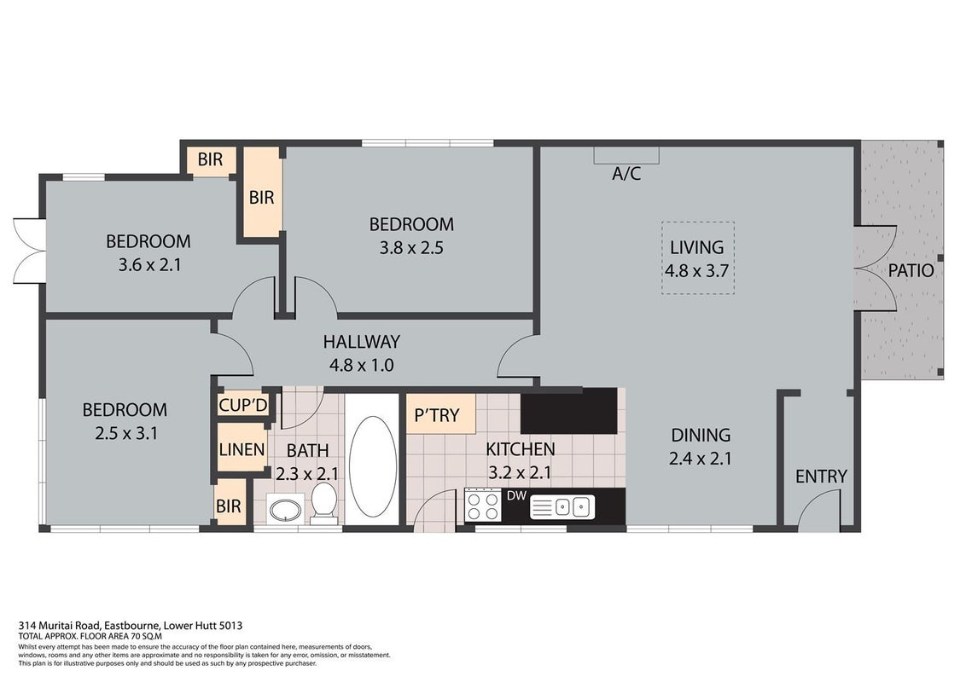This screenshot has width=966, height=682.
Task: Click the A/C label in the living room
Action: pyautogui.click(x=626, y=174)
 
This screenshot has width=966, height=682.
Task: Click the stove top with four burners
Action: pyautogui.click(x=483, y=505)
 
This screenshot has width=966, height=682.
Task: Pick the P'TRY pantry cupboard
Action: pyautogui.click(x=440, y=414)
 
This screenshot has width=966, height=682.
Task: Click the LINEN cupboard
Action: pyautogui.click(x=241, y=448)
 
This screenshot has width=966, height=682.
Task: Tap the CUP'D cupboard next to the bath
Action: pyautogui.click(x=243, y=404)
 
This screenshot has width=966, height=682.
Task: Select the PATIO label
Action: pyautogui.click(x=911, y=271)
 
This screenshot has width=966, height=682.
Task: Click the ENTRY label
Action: pyautogui.click(x=821, y=476)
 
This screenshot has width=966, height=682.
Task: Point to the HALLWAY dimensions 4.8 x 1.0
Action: pyautogui.click(x=361, y=365)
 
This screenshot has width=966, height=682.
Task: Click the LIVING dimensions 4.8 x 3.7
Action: pyautogui.click(x=696, y=271)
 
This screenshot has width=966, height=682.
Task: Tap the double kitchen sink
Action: pyautogui.click(x=562, y=506)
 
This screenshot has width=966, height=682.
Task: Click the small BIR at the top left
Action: pyautogui.click(x=209, y=159)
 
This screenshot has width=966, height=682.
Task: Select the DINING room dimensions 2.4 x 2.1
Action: pyautogui.click(x=700, y=459)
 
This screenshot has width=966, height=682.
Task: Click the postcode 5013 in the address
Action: pyautogui.click(x=231, y=626)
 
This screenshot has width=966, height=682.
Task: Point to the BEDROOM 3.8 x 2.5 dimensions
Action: pyautogui.click(x=411, y=248)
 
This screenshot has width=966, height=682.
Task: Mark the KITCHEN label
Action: pyautogui.click(x=521, y=449)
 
